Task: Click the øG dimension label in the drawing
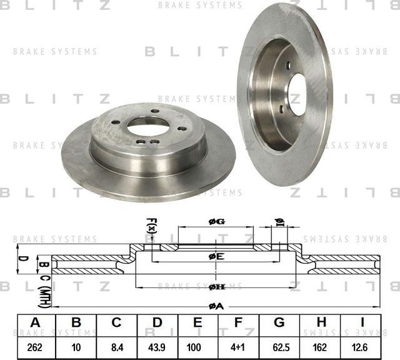point(216,222)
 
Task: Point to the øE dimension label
point(216,256)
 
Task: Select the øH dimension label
point(216,286)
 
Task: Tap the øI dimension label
point(279,223)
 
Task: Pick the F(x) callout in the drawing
point(151,226)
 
